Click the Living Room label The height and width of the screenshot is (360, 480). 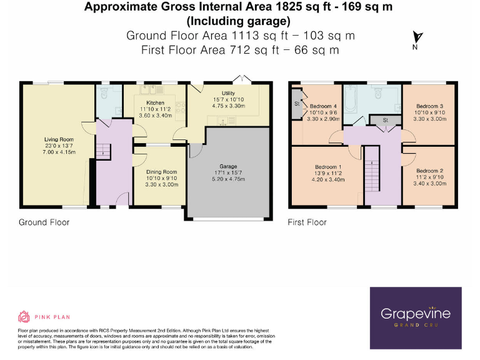click(59, 139)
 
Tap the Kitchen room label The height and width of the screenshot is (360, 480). click(155, 102)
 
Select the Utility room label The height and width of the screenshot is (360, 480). click(227, 92)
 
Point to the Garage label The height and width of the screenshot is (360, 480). click(227, 166)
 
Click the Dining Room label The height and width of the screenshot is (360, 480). click(161, 172)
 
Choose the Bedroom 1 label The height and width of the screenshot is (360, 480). click(328, 167)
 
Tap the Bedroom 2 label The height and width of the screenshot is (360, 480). click(429, 171)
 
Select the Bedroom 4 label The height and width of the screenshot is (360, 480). click(323, 106)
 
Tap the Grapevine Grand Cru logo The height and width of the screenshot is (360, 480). click(416, 316)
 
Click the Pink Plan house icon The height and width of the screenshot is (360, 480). click(24, 316)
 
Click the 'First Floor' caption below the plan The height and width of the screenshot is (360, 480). click(307, 222)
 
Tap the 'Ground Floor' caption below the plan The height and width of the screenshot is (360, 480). click(44, 222)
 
